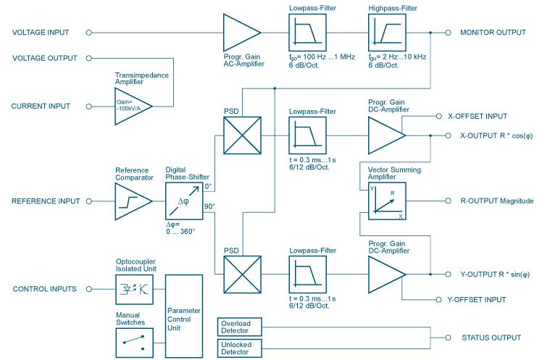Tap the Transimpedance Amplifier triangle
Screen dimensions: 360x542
click(x=132, y=106)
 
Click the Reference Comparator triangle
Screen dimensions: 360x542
click(x=132, y=201)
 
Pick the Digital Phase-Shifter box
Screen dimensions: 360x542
click(x=184, y=201)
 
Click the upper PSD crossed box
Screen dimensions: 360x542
click(x=242, y=134)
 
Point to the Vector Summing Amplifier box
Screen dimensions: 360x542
click(x=387, y=201)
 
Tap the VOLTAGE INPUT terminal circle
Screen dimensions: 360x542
click(x=89, y=33)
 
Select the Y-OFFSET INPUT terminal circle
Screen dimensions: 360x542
click(x=438, y=298)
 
